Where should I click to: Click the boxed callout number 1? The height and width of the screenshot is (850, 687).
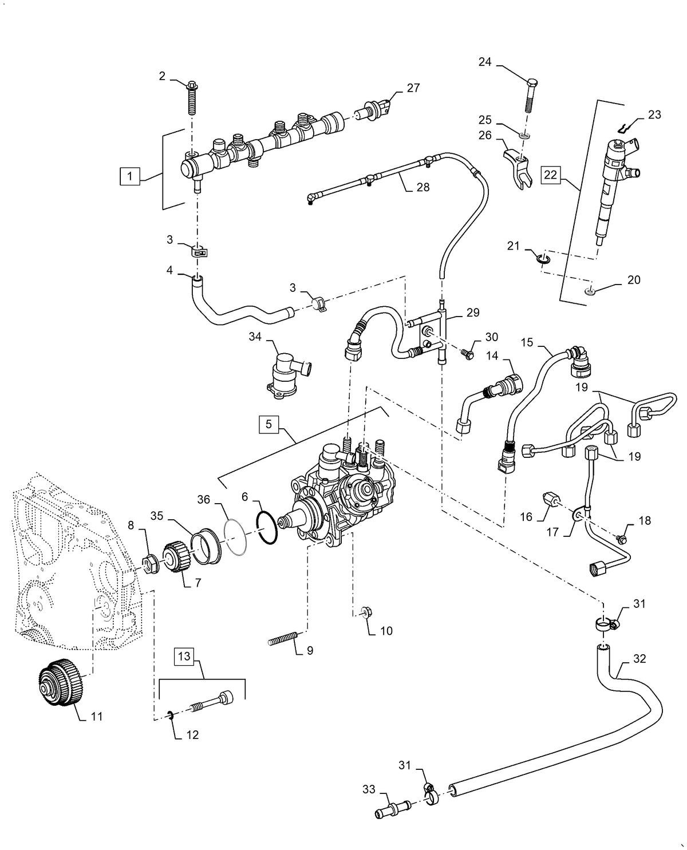click(x=129, y=176)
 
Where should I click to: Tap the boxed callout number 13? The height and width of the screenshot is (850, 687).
click(x=185, y=656)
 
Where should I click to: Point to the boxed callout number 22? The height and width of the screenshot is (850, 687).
click(x=550, y=175)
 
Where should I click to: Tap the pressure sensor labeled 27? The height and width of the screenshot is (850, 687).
click(x=375, y=109)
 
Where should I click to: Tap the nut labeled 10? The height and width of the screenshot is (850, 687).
click(x=366, y=614)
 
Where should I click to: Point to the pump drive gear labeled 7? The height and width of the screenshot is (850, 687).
click(x=173, y=561)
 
